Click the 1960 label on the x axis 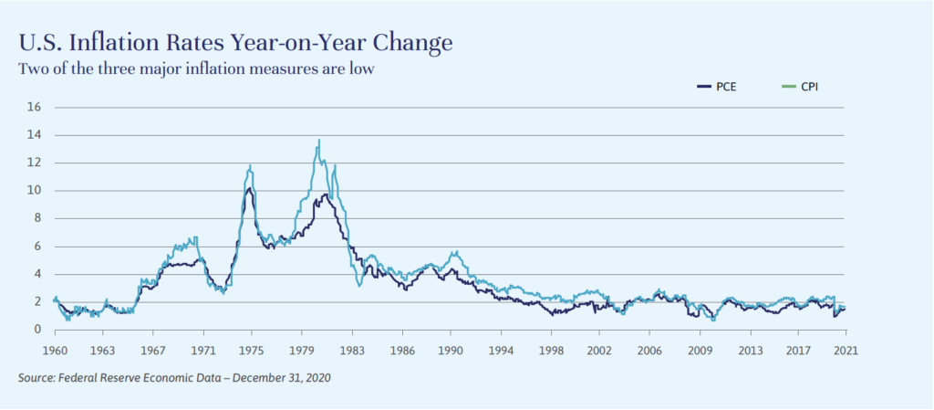point(55,350)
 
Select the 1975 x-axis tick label point(252,350)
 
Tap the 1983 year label point(352,350)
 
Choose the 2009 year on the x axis point(700,350)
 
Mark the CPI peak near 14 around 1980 point(318,141)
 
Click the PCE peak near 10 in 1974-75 point(249,189)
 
